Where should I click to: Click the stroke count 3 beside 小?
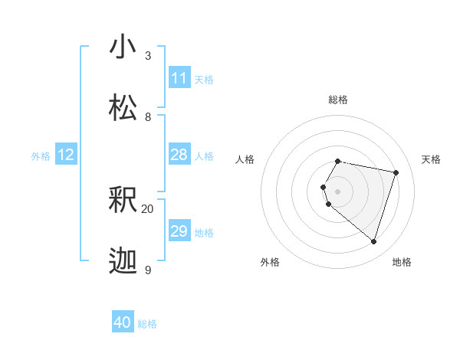147,56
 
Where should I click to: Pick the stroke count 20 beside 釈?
147,208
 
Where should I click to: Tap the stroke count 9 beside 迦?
147,270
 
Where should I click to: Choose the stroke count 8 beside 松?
147,117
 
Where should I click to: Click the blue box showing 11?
179,78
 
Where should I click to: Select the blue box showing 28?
179,155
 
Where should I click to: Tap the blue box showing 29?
179,231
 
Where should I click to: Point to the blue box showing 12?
66,155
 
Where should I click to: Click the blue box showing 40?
123,323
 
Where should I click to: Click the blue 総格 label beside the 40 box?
147,324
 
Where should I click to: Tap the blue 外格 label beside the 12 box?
41,155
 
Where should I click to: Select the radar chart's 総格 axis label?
338,100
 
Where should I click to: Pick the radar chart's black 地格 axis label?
402,262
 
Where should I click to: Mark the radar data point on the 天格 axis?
396,172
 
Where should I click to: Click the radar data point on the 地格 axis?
373,241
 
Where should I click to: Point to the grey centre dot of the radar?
338,191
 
